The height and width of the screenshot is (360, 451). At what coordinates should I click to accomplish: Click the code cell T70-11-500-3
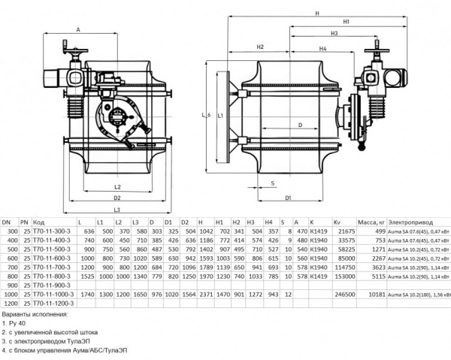[52, 248]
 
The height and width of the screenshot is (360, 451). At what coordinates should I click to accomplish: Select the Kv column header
[337, 222]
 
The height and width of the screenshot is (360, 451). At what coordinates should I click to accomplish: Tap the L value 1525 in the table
[86, 276]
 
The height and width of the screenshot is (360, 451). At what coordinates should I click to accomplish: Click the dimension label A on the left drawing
[78, 31]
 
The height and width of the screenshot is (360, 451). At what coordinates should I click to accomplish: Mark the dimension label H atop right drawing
[318, 14]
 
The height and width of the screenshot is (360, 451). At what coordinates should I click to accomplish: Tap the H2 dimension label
[259, 47]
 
